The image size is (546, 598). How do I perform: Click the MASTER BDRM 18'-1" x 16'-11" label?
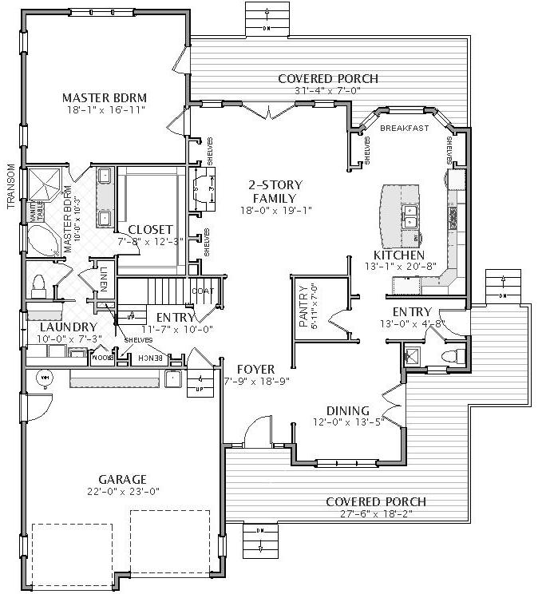pos(104,104)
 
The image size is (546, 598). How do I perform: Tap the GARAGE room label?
pos(122,479)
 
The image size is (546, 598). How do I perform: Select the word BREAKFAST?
pos(404,129)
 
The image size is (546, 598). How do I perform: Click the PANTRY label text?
pos(303,308)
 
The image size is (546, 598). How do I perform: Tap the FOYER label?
pos(255,370)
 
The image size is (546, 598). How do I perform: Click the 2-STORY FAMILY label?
pos(274,192)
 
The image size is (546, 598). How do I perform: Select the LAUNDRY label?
pos(68,327)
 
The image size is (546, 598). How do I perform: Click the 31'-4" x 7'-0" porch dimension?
pos(327,91)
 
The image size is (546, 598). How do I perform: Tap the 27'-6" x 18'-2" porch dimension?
pos(375,514)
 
